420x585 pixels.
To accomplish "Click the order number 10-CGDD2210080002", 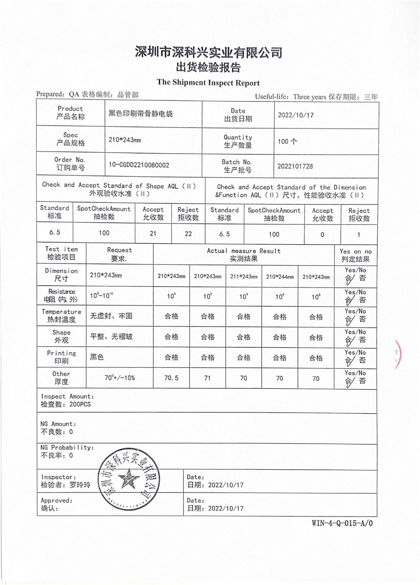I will click(139, 165).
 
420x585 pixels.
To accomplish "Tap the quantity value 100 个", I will click(287, 141).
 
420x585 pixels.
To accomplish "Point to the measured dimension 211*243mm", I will click(244, 277).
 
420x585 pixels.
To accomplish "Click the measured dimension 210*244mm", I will click(280, 277).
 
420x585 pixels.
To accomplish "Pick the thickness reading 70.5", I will click(171, 378).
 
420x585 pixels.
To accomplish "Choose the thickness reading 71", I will click(207, 378).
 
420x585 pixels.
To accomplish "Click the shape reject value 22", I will click(188, 234).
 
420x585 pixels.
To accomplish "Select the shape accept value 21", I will click(153, 233).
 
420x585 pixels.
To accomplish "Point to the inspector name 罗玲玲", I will click(80, 485).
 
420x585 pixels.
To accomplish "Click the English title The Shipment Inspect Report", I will click(208, 83).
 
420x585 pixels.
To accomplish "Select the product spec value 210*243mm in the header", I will click(125, 140).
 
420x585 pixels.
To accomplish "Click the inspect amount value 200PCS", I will click(80, 404).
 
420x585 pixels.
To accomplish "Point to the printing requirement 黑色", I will click(97, 357).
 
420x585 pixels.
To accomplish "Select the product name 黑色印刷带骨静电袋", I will click(140, 114).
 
